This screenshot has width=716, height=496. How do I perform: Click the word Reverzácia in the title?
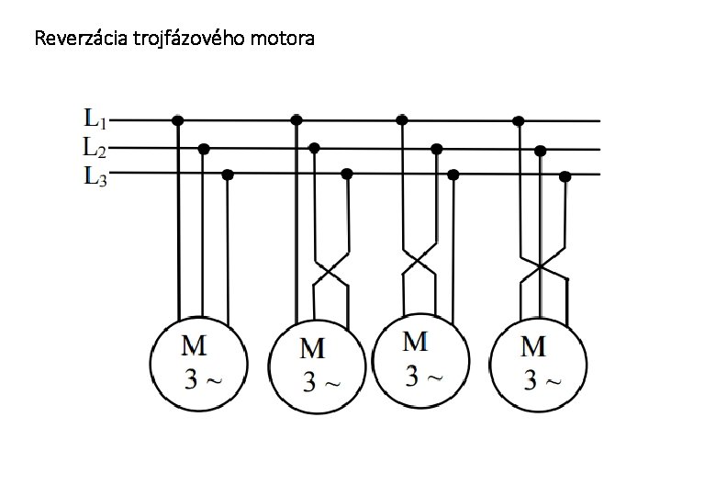[x=71, y=39]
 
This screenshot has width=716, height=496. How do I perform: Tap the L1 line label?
[x=95, y=118]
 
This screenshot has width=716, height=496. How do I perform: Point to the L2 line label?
[x=95, y=146]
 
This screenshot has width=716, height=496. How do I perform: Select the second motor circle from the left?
[x=314, y=366]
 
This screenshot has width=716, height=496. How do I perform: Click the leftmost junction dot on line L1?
[x=177, y=119]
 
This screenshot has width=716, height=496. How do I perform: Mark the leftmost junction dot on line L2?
[x=204, y=148]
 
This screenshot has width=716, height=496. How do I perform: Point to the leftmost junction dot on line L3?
[x=228, y=175]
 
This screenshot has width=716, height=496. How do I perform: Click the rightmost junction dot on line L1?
[x=519, y=120]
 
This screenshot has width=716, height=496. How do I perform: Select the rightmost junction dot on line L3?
[x=565, y=175]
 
